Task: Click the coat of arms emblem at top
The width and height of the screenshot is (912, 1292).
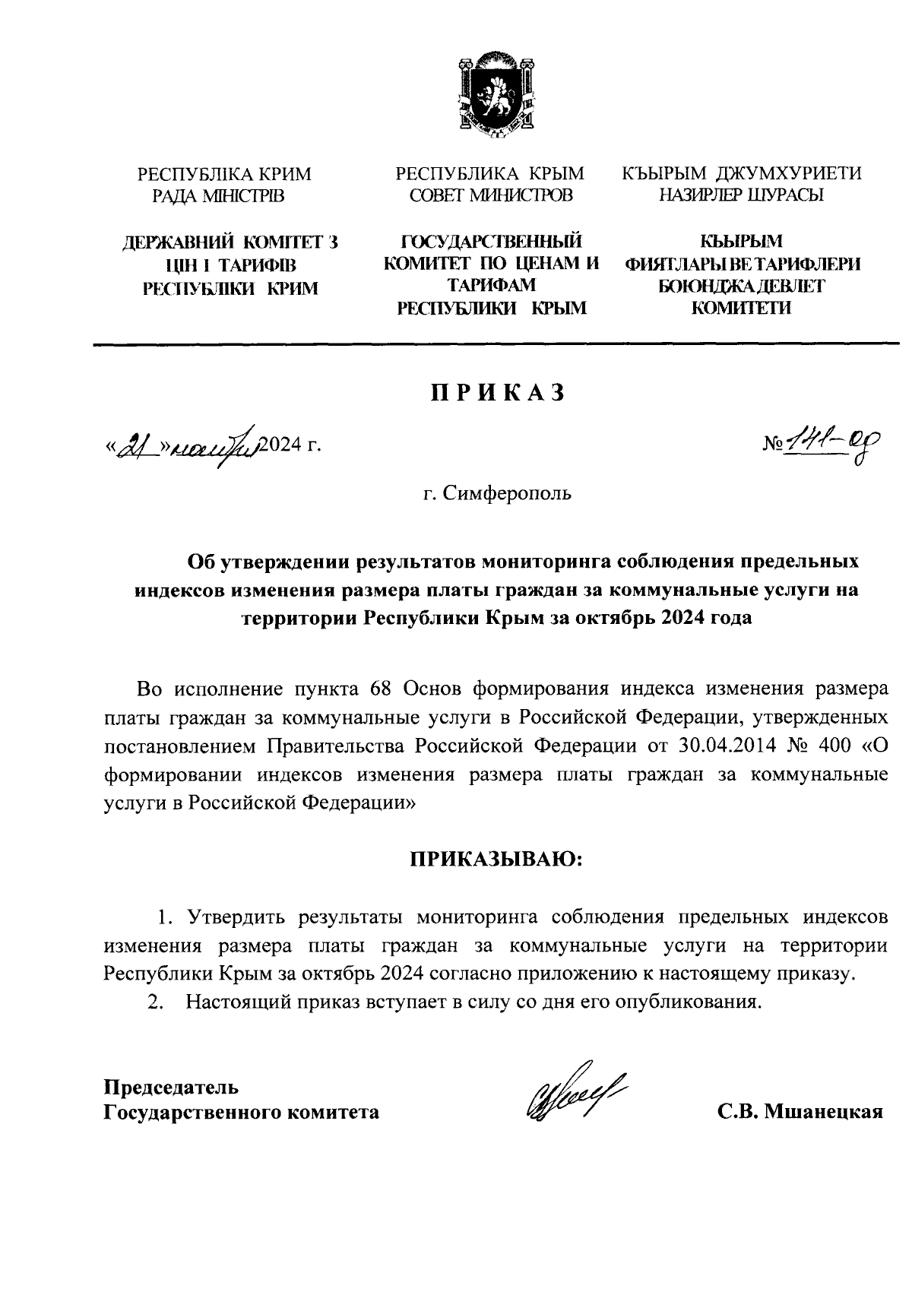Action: pos(492,95)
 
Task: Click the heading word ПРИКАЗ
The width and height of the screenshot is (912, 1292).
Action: pos(499,392)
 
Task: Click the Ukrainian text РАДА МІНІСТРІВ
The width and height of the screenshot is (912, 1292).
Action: pos(218,197)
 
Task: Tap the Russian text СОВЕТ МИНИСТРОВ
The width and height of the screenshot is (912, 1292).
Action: pos(491,196)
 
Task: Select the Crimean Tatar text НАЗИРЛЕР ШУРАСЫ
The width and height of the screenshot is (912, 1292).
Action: pos(741,196)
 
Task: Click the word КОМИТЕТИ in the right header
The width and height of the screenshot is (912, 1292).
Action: pos(741,308)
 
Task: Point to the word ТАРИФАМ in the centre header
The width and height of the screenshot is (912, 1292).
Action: pos(492,285)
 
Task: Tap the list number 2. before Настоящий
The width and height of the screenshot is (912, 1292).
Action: pos(157,1002)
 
